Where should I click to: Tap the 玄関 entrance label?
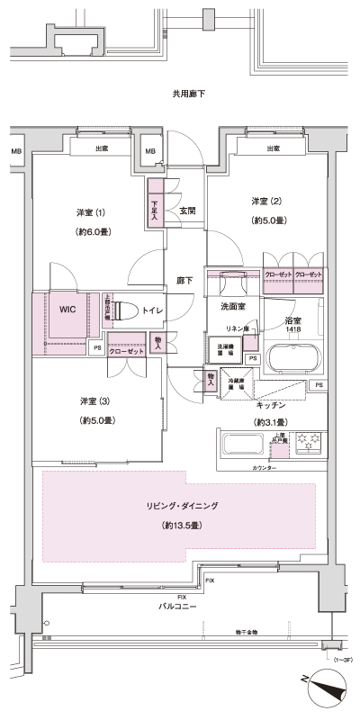(188, 211)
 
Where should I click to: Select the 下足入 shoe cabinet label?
(154, 210)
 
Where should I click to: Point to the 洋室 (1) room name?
(91, 212)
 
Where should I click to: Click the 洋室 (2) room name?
(266, 200)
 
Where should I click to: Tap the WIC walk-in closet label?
(67, 309)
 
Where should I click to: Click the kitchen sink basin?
(241, 446)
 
